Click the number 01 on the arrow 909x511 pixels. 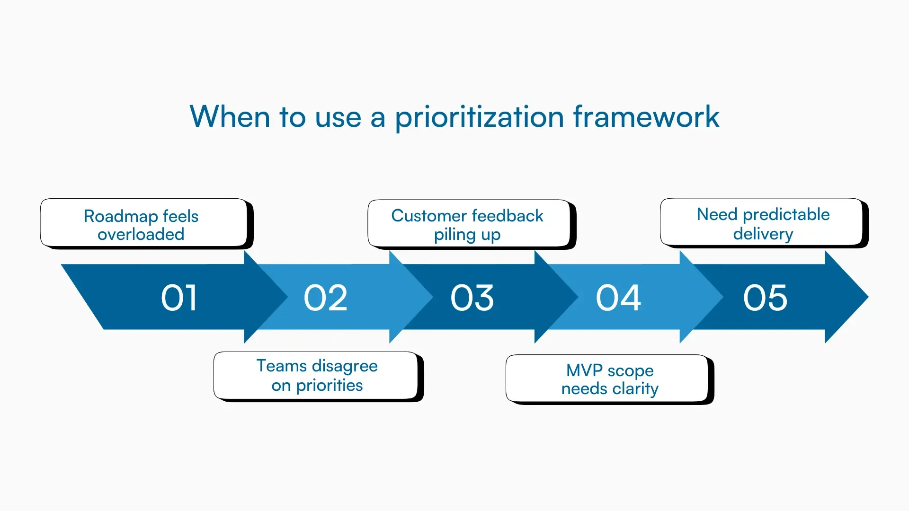179,298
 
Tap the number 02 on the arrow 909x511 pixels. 325,298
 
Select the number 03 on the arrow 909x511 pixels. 472,298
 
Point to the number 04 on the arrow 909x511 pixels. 618,298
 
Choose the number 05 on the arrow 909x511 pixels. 765,298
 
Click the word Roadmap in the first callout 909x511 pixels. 121,216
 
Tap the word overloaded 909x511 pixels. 141,234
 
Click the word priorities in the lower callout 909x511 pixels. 329,386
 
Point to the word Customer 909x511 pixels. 428,216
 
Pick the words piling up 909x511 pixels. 467,235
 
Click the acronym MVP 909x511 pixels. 584,370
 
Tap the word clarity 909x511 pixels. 635,389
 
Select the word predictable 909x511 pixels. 786,215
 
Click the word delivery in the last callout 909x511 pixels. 763,234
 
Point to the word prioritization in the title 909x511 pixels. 479,117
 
